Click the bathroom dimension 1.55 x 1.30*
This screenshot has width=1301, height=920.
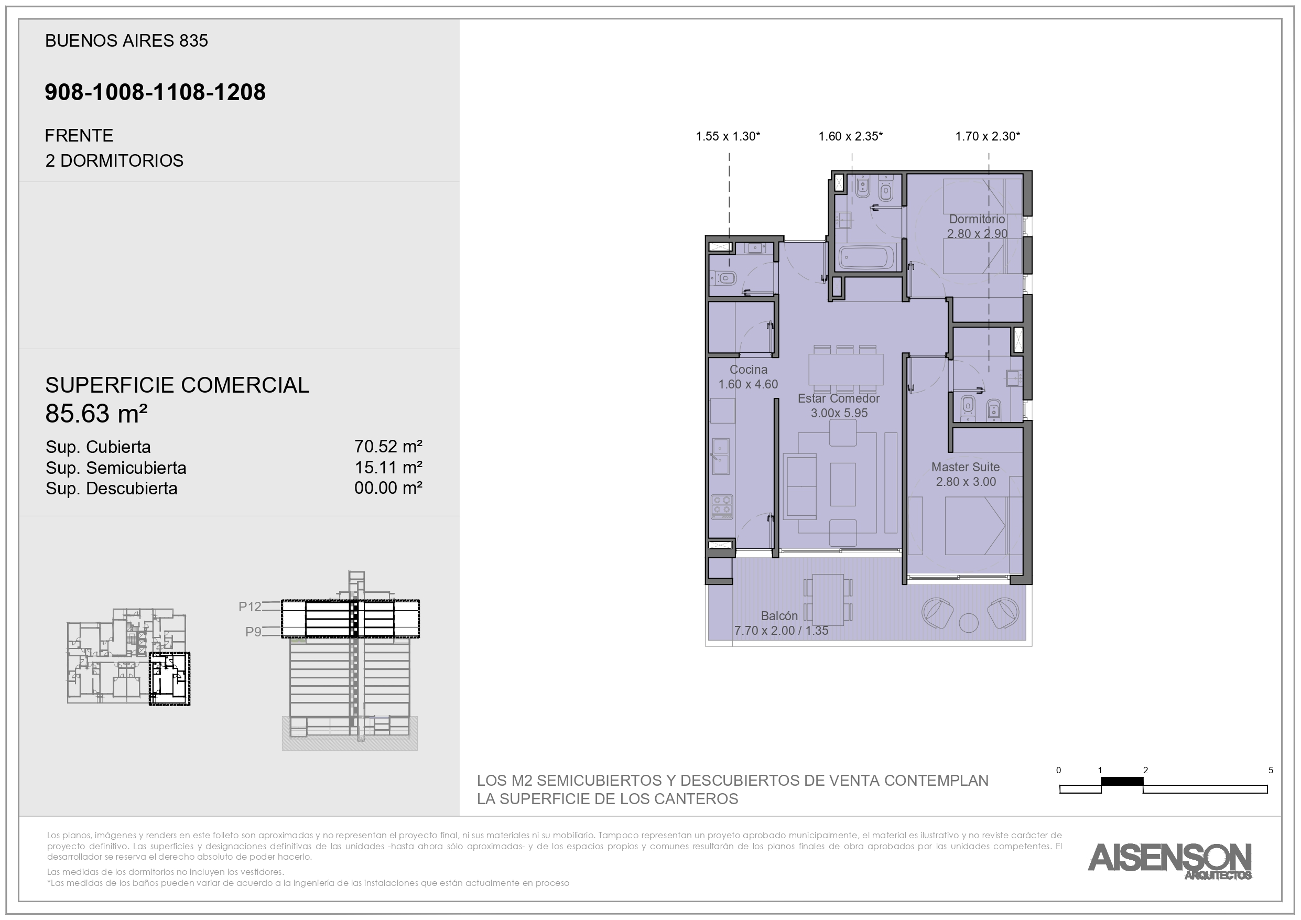tap(728, 136)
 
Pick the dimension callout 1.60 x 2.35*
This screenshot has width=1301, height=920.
tap(851, 136)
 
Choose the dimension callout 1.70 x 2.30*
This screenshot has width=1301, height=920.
tap(988, 136)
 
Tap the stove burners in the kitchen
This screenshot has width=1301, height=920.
tap(722, 507)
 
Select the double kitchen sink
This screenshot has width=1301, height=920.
tap(721, 456)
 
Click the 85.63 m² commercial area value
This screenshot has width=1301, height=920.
tap(96, 414)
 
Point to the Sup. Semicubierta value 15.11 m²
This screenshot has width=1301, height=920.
tap(388, 468)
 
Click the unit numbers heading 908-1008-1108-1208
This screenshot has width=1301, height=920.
tap(155, 92)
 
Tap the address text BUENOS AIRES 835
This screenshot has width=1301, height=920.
tap(126, 41)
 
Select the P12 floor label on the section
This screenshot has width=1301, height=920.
tap(250, 607)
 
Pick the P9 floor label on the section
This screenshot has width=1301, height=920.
tap(253, 632)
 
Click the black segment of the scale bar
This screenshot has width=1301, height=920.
tap(1122, 782)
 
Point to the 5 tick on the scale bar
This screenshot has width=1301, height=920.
tap(1271, 771)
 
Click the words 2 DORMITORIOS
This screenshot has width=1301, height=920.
tap(114, 161)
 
